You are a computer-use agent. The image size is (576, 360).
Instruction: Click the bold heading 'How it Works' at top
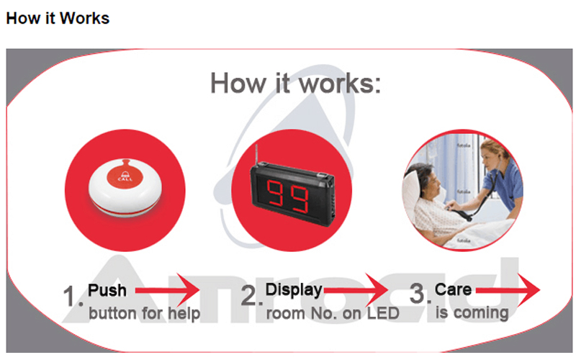pyautogui.click(x=58, y=18)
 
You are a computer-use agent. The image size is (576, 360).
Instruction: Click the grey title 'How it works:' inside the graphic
pyautogui.click(x=295, y=84)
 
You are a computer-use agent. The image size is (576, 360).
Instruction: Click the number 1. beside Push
pyautogui.click(x=73, y=296)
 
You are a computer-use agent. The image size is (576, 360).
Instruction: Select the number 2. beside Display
pyautogui.click(x=250, y=296)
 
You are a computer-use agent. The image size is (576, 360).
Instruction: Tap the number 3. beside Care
pyautogui.click(x=420, y=294)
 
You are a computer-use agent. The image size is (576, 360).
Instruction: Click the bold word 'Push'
pyautogui.click(x=107, y=291)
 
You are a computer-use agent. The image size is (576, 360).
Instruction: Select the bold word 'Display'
pyautogui.click(x=294, y=291)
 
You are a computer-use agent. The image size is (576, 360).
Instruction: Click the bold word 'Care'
pyautogui.click(x=454, y=290)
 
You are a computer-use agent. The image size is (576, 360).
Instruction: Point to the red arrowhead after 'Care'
pyautogui.click(x=529, y=291)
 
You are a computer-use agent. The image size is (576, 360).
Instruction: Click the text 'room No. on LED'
pyautogui.click(x=333, y=314)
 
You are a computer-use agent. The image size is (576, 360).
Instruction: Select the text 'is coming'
pyautogui.click(x=472, y=313)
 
